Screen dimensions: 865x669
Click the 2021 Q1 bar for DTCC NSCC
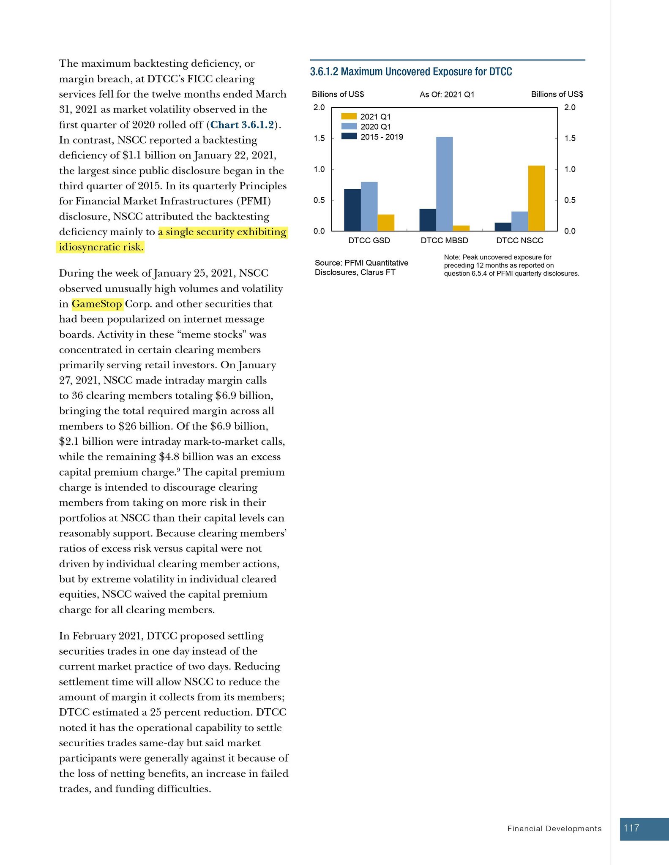click(x=536, y=198)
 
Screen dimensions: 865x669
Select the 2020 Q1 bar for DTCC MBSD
click(x=444, y=184)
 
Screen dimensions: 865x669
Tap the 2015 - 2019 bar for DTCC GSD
click(x=352, y=210)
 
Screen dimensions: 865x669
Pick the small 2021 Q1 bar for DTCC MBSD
click(x=461, y=228)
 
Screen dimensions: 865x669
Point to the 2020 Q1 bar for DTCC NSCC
click(x=519, y=221)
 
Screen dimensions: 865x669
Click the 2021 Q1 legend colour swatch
click(x=349, y=117)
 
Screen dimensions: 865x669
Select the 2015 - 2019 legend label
click(x=382, y=137)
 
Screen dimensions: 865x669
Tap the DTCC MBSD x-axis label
click(x=444, y=241)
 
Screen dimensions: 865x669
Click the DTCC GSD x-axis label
click(x=369, y=241)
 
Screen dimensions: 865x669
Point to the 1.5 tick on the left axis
click(x=319, y=139)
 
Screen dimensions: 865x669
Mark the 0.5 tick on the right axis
click(x=570, y=200)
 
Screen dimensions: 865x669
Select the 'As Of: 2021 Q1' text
click(x=447, y=95)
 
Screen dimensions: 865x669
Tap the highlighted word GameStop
click(x=97, y=304)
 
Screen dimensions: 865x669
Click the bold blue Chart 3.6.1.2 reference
click(x=242, y=125)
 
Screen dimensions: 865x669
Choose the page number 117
click(x=631, y=828)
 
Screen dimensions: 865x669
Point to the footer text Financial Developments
click(x=554, y=829)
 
